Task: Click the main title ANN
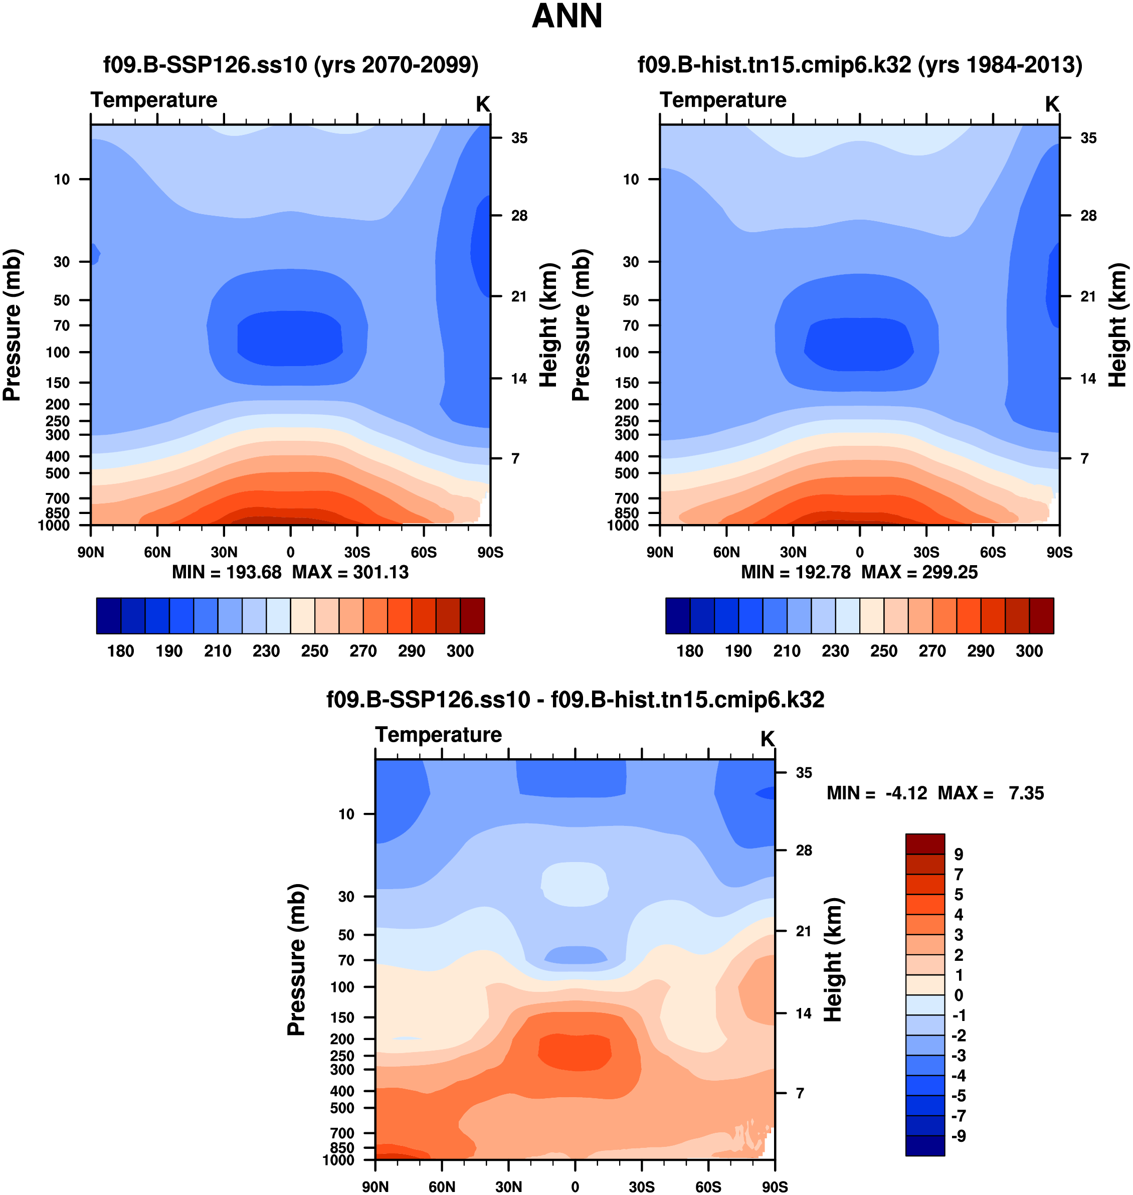tap(566, 17)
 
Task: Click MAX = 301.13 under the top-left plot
tap(350, 572)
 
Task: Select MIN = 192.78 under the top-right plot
tap(796, 572)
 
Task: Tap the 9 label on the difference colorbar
tap(959, 855)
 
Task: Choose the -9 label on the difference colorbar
tap(959, 1136)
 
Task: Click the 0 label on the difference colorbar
tap(959, 995)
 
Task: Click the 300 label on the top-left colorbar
tap(460, 651)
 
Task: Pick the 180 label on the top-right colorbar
tap(690, 651)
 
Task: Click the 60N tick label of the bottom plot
tap(442, 1186)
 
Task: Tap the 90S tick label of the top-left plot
tap(490, 552)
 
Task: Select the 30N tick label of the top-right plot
tap(793, 552)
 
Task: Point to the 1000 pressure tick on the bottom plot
tap(338, 1160)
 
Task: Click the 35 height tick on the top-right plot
tap(1088, 138)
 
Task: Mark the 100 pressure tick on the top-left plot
tap(58, 352)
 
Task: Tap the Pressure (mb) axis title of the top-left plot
tap(12, 325)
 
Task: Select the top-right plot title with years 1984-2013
tap(860, 65)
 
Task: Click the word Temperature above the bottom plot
tap(439, 735)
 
